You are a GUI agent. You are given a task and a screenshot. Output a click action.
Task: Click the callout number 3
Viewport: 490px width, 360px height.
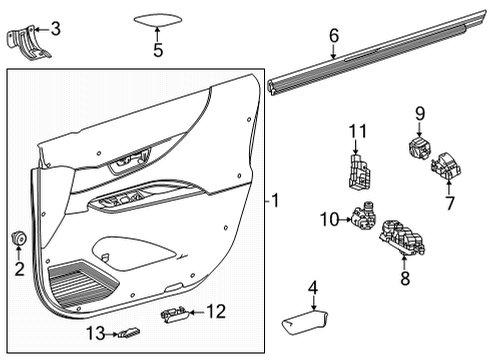tap(55, 29)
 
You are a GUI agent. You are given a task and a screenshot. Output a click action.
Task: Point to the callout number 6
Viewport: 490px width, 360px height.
tap(333, 36)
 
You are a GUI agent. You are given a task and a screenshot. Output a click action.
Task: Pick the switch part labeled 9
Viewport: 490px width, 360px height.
tap(415, 148)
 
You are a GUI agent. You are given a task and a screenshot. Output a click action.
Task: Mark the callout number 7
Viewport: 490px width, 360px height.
tap(449, 203)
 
